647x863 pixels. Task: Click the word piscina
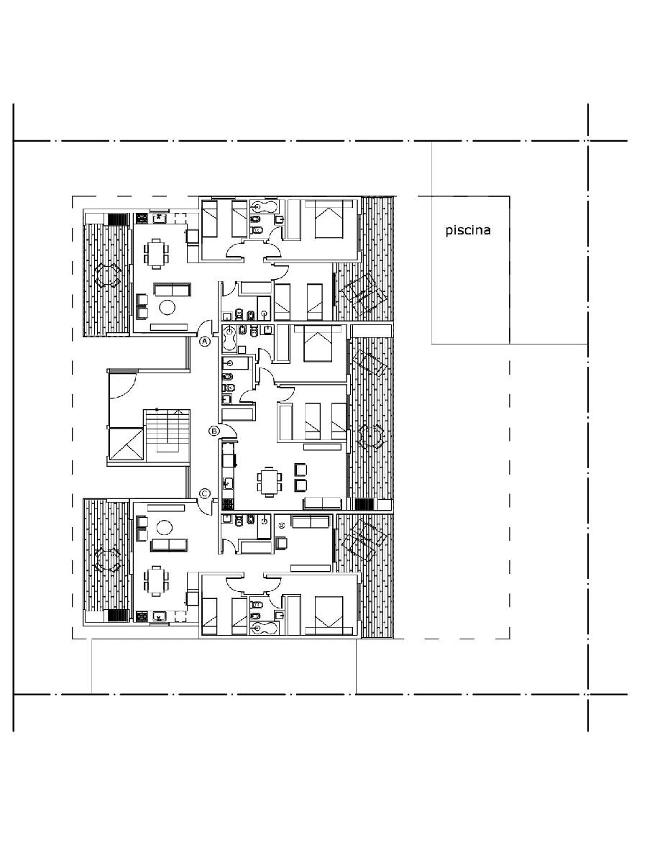(x=468, y=230)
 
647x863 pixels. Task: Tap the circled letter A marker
(x=204, y=342)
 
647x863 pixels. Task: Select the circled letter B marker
(x=214, y=431)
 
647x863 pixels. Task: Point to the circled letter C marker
(x=205, y=494)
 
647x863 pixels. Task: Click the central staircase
(x=167, y=436)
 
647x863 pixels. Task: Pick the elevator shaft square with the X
(x=126, y=444)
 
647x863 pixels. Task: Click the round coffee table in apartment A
(x=168, y=307)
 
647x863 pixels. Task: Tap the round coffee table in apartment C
(x=163, y=526)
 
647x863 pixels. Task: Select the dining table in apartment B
(x=269, y=482)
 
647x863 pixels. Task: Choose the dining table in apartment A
(x=156, y=254)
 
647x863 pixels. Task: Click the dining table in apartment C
(x=156, y=580)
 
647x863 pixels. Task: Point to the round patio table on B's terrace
(x=370, y=437)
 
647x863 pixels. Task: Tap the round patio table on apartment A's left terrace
(x=108, y=275)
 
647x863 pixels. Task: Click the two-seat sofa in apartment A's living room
(x=172, y=289)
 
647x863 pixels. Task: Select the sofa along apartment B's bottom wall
(x=323, y=503)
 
